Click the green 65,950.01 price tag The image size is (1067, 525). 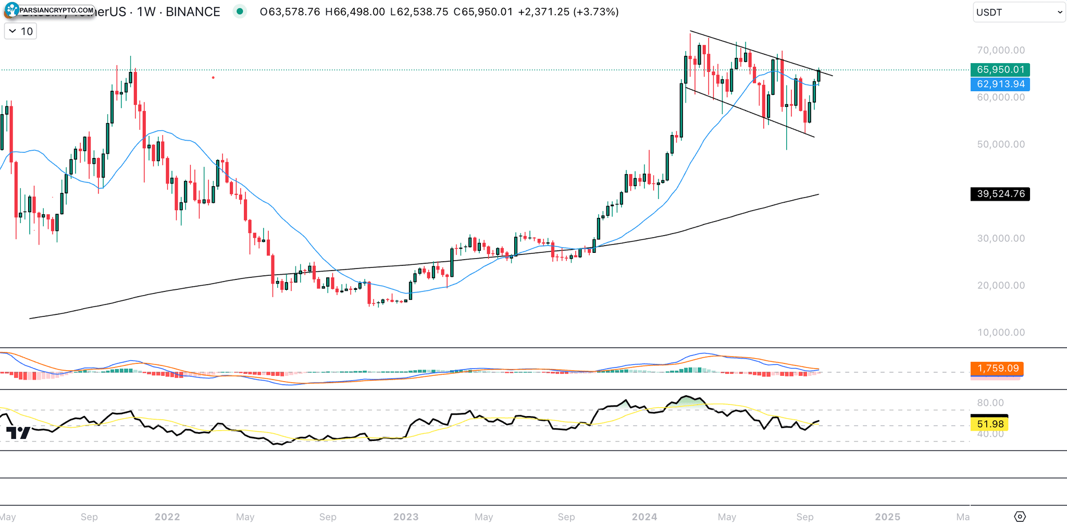[1000, 69]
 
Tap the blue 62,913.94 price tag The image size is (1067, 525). [1000, 84]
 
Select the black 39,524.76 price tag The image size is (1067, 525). [1000, 194]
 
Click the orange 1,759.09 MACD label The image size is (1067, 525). [997, 368]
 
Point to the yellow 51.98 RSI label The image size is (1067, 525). [990, 424]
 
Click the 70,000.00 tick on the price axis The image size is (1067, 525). [1000, 51]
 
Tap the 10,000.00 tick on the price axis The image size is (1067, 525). [1000, 333]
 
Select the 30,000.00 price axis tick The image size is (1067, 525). [1000, 238]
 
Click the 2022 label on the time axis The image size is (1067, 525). [167, 517]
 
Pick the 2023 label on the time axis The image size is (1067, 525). [406, 517]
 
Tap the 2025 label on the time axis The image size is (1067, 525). [887, 517]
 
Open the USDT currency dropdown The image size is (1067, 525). [1019, 12]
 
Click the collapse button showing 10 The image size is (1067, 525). [21, 31]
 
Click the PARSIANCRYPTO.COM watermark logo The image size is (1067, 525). [50, 9]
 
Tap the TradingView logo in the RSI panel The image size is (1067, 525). [18, 433]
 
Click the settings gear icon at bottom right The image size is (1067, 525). [1020, 516]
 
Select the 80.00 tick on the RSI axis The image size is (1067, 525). [990, 402]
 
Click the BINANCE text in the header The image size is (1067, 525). [193, 12]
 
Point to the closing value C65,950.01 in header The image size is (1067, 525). [483, 12]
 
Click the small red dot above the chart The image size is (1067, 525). [213, 78]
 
